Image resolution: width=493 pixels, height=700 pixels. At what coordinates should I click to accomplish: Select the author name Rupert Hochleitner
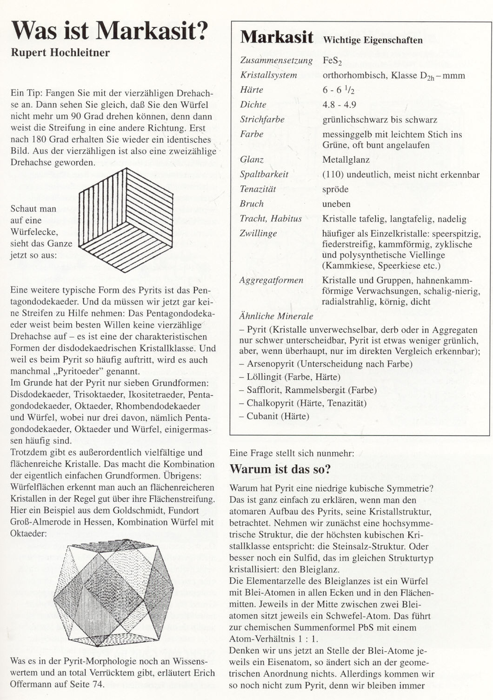coord(60,53)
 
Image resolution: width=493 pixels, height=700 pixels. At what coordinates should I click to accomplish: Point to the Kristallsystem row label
coord(268,75)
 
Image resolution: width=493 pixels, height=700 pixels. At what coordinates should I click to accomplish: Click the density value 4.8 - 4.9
coord(339,105)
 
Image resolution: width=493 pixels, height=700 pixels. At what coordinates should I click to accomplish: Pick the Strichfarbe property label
coord(262,120)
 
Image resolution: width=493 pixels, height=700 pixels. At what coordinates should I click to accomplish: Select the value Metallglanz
coord(346,160)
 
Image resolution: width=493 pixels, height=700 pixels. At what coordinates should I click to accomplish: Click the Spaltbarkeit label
coord(264,174)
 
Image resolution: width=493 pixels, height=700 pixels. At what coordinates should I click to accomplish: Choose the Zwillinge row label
coord(258,233)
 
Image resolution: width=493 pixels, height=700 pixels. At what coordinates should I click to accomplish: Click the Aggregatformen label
coord(271,280)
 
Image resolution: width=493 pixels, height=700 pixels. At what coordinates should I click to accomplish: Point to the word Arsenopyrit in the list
coord(273,364)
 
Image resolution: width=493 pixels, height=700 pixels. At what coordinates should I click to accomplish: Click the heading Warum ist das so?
coord(280,469)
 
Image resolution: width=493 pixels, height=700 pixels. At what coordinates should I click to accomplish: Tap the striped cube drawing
coord(126,220)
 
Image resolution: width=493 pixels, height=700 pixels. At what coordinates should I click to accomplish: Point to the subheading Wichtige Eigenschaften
coord(373,40)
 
